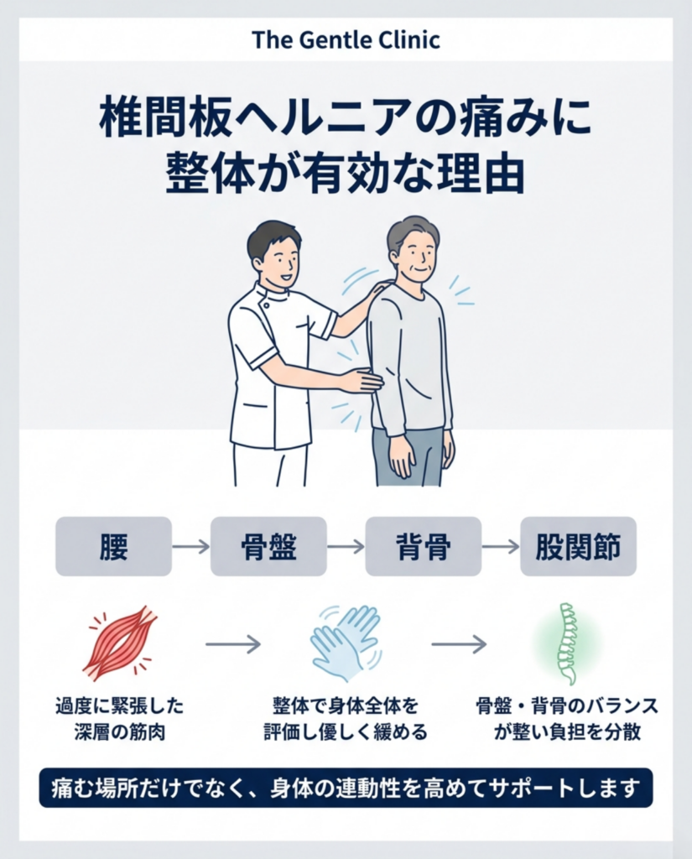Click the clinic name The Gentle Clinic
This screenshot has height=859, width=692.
pos(346,40)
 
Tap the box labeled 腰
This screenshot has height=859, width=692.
pos(113,546)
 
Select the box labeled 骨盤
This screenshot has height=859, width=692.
pos(268,546)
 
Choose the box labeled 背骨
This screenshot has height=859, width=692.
pos(423,546)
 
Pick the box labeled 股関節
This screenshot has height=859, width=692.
pos(578,546)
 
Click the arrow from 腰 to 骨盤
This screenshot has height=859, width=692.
pos(191,546)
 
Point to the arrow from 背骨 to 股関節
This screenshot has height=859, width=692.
pos(501,546)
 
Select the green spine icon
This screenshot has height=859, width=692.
pos(568,643)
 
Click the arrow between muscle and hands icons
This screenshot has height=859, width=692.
pos(233,644)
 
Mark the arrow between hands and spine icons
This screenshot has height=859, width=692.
pos(459,644)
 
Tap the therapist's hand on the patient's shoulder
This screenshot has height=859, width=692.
pos(382,286)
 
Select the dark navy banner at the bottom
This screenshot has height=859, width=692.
pos(346,789)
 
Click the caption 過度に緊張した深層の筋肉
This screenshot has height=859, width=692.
pos(119,719)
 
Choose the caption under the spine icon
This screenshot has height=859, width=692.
pos(567,719)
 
